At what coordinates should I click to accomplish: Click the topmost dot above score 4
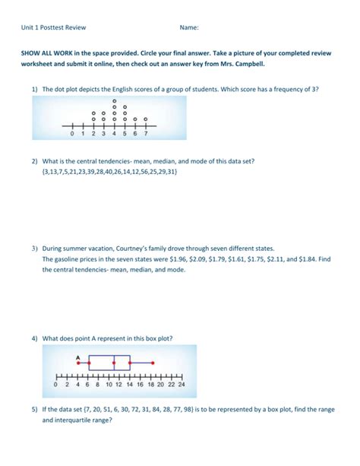[114, 100]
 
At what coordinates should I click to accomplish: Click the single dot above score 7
[145, 119]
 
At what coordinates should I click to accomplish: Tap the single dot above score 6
[135, 119]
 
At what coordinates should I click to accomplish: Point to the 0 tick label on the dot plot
[72, 134]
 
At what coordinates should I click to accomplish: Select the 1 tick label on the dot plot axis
[83, 134]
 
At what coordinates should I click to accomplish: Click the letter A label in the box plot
[77, 357]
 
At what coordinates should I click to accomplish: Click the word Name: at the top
[189, 28]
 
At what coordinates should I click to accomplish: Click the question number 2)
[35, 161]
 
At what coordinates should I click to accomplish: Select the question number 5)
[35, 409]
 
